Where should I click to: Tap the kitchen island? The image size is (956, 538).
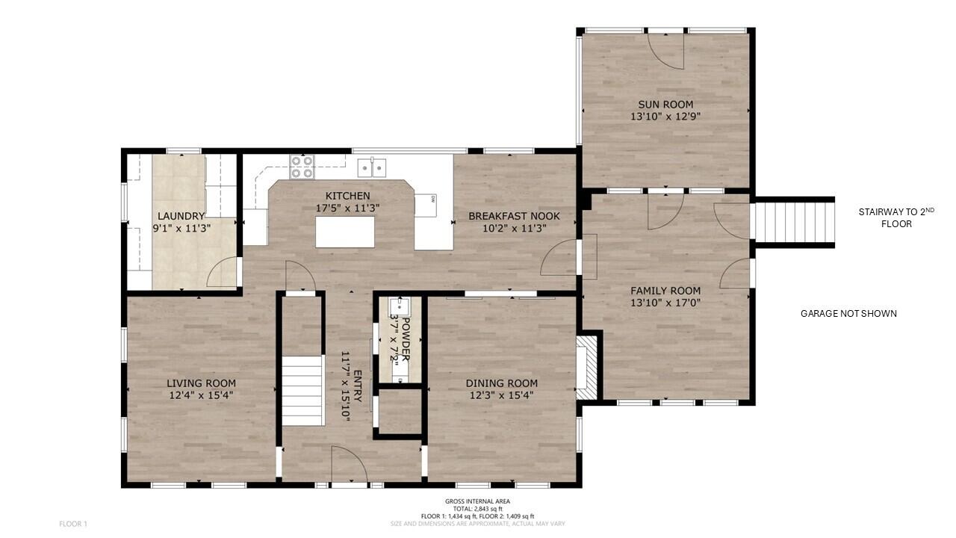point(345,232)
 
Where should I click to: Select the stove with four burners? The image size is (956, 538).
point(302,167)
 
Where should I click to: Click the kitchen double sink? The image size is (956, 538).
point(371,166)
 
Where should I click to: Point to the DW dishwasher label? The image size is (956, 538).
point(432,199)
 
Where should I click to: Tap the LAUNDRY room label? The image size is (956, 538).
point(181,217)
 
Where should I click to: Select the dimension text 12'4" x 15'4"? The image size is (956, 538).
point(202,395)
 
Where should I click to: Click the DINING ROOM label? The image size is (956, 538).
point(501,383)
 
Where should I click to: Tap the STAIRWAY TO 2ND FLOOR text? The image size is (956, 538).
point(896,217)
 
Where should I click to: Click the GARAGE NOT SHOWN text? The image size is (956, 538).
point(848,314)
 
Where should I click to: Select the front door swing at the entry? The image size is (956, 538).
point(348,465)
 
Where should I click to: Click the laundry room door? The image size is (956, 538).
point(223,273)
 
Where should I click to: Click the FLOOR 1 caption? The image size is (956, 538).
point(73,524)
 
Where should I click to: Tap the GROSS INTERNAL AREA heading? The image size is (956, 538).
point(478,501)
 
